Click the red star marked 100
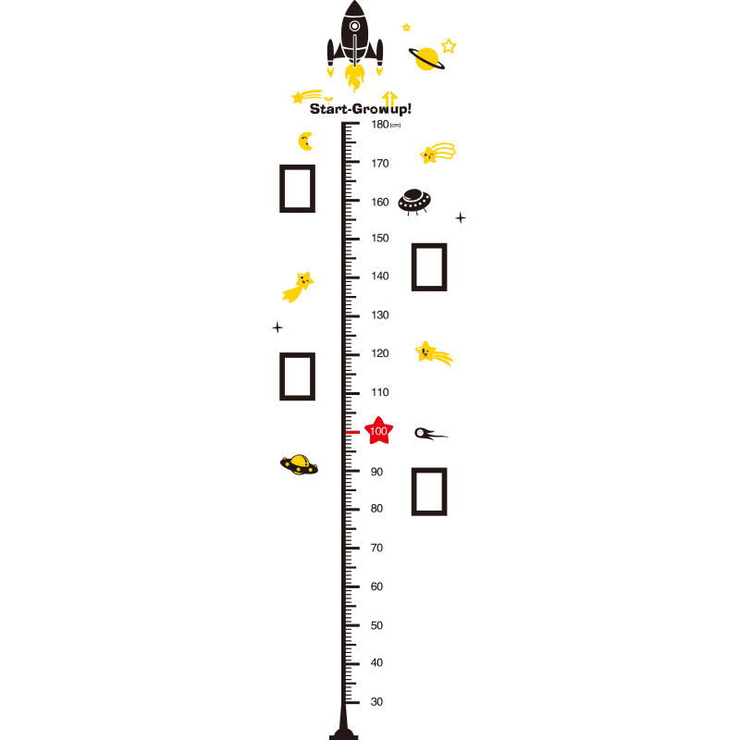[378, 430]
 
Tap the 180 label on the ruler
[380, 125]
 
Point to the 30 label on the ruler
[376, 702]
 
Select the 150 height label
[380, 238]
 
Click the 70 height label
[376, 548]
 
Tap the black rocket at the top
[355, 35]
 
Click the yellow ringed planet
[426, 59]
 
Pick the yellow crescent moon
[306, 142]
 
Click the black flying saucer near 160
[414, 202]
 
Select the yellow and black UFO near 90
[299, 465]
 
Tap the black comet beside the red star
[430, 433]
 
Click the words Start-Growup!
[361, 109]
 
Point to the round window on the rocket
[354, 26]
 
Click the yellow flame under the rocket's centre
[354, 78]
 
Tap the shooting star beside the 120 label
[434, 353]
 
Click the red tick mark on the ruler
[352, 432]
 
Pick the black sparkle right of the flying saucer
[461, 217]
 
